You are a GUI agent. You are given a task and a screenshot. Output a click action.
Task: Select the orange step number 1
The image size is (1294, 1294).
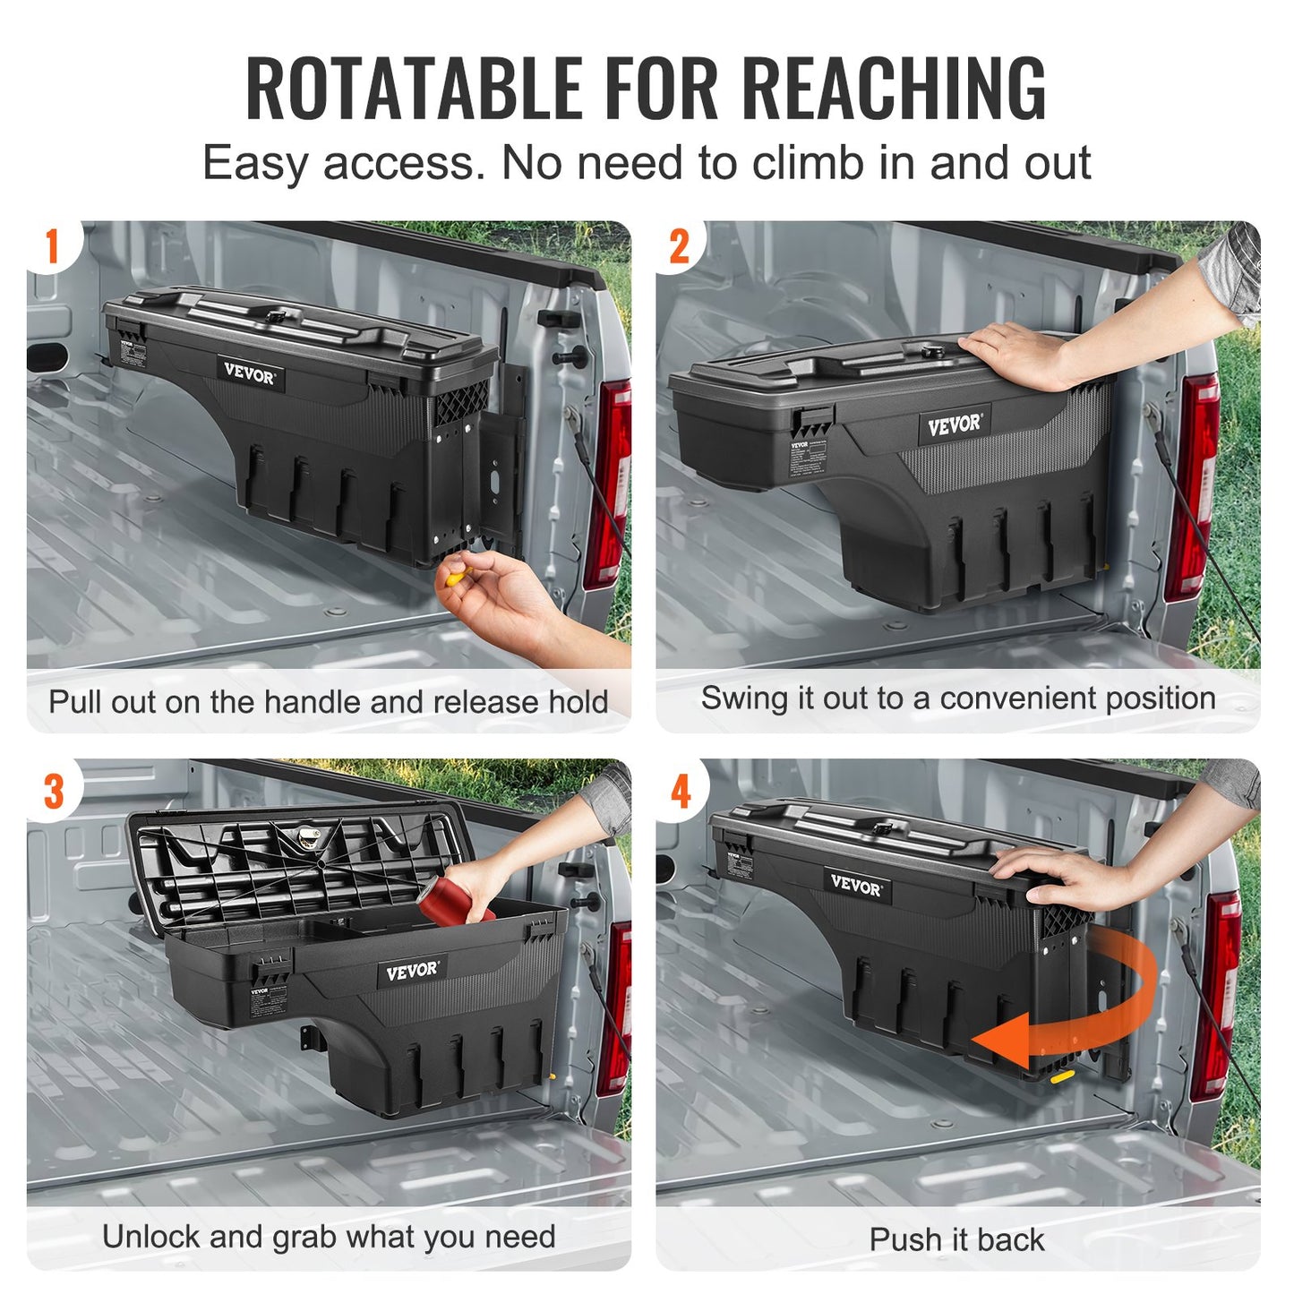click(x=52, y=246)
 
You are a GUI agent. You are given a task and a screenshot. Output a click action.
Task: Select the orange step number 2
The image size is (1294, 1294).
click(x=680, y=247)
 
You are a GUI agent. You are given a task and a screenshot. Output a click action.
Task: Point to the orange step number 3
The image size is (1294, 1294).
click(x=54, y=792)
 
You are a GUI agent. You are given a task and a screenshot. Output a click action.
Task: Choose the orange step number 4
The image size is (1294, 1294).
click(x=681, y=792)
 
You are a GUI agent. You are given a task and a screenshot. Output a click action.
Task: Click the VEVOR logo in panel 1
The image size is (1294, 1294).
click(x=249, y=373)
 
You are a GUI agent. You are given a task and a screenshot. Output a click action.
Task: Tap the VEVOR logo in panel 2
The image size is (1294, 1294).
click(x=954, y=424)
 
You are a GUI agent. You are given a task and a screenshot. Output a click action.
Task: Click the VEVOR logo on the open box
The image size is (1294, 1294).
click(x=412, y=971)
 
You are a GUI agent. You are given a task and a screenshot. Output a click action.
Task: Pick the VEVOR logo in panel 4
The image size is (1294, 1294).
click(x=856, y=885)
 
